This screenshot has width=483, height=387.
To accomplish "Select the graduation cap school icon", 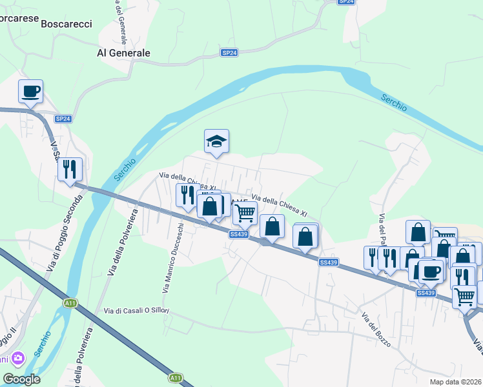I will [x=217, y=142].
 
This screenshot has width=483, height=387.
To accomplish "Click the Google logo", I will [x=22, y=379].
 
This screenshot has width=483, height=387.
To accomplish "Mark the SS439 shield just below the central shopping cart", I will [x=238, y=234].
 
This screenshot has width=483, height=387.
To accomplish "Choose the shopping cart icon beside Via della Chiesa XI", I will [x=245, y=212].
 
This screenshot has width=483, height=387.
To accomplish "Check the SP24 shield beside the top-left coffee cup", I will [x=63, y=119].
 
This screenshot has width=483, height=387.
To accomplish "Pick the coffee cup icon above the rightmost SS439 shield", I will [x=431, y=271].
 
